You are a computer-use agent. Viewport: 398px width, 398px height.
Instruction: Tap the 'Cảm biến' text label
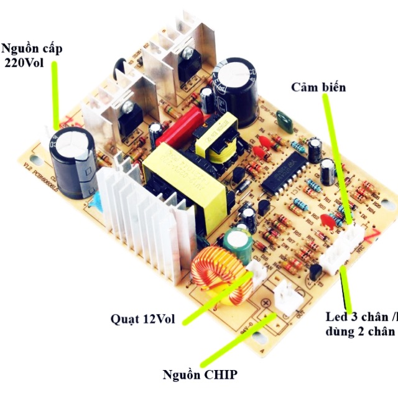coord(318,87)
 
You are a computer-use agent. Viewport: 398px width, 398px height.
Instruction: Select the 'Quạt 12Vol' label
coord(142,319)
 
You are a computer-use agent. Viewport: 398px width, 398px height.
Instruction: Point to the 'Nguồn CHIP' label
coord(200,374)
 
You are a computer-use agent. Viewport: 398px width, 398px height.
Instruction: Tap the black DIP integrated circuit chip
coord(287,171)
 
